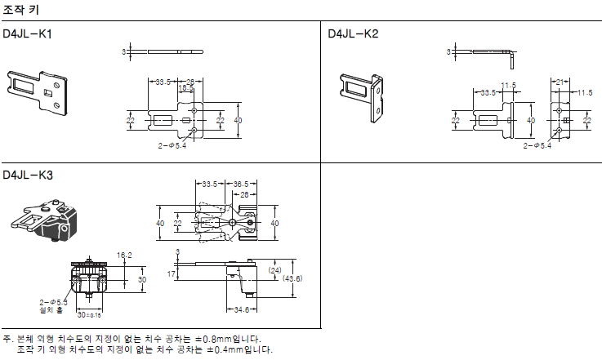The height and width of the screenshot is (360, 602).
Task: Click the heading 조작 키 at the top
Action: click(20, 8)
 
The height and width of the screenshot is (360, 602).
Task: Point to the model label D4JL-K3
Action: click(29, 175)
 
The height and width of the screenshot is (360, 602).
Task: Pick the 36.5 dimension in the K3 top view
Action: click(241, 184)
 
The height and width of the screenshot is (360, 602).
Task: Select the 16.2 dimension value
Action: click(124, 255)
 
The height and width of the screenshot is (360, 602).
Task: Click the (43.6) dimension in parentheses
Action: click(292, 279)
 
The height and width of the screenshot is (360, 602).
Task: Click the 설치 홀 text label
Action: click(51, 310)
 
